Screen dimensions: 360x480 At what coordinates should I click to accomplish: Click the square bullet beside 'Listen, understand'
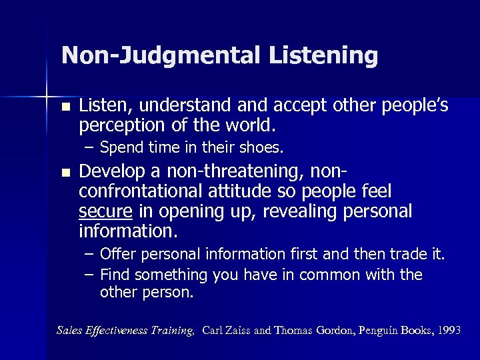[64, 108]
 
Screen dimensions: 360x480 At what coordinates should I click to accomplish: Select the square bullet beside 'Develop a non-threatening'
[64, 173]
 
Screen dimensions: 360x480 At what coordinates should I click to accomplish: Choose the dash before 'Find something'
[90, 275]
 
